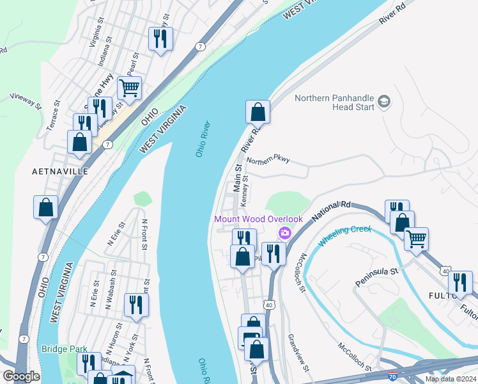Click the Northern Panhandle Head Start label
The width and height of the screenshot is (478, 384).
click(x=334, y=102)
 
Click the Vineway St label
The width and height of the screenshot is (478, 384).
click(x=26, y=100)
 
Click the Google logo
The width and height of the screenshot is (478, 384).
click(x=20, y=376)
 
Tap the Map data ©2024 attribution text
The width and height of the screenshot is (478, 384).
click(x=450, y=379)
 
